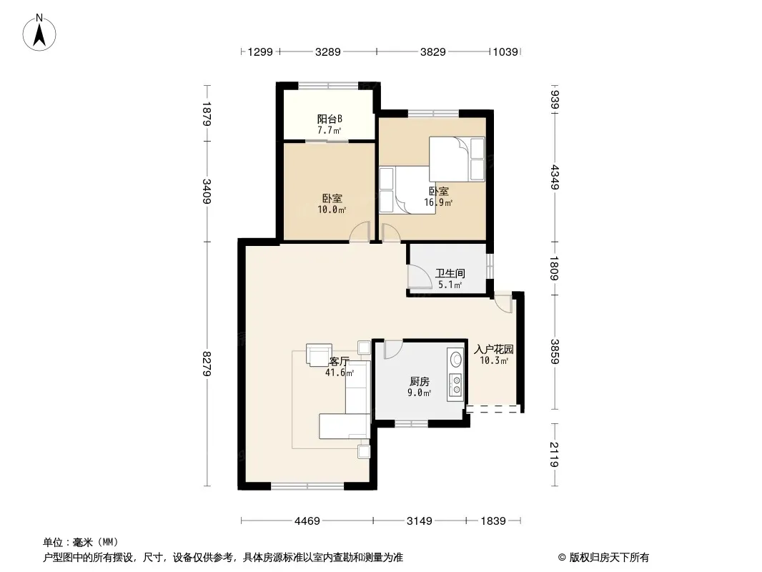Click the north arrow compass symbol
point(39,33)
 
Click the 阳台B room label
point(330,119)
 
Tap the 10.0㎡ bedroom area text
point(332,210)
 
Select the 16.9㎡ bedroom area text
point(438,202)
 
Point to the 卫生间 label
point(450,273)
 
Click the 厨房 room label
point(419,382)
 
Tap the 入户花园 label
point(494,350)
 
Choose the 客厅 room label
point(340,362)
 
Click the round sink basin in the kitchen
point(456,360)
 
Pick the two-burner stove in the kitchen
point(456,384)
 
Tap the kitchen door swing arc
point(394,350)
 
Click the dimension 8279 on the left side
point(207,363)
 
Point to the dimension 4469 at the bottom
point(307,521)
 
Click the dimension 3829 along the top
point(432,51)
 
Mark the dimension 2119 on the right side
point(555,455)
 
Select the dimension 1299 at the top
point(260,51)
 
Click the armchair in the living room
point(319,354)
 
